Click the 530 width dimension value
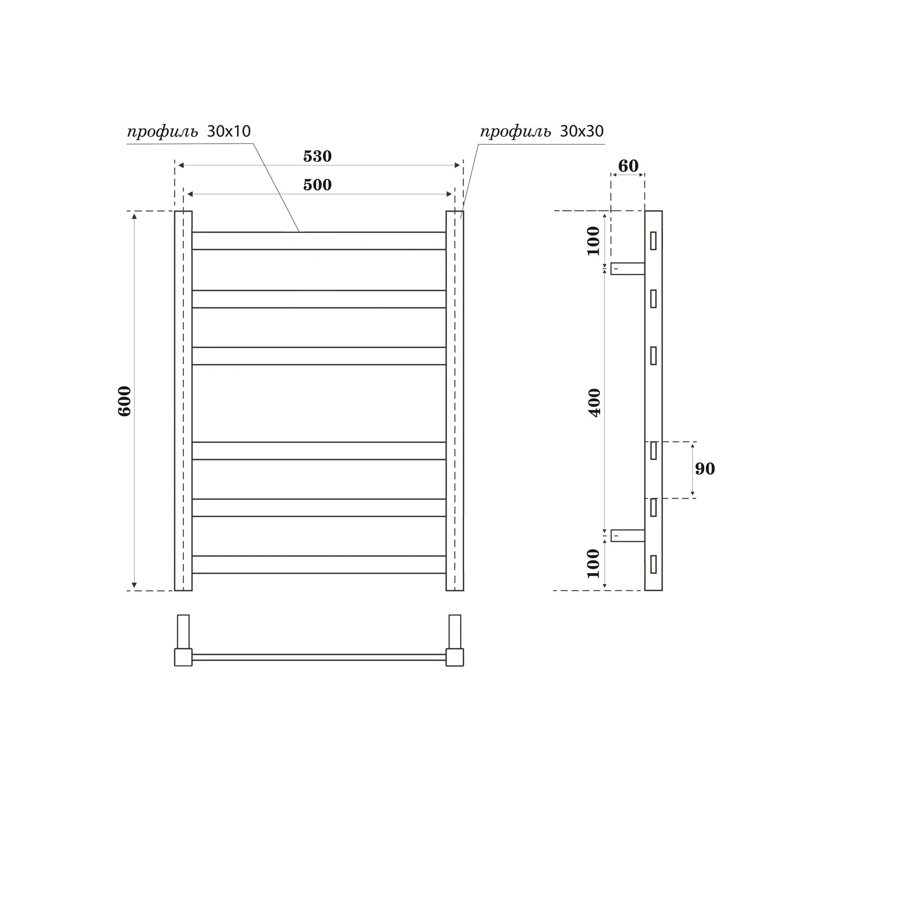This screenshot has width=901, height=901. click(x=317, y=156)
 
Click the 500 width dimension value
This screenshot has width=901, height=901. click(x=317, y=185)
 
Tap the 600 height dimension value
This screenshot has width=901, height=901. click(x=124, y=401)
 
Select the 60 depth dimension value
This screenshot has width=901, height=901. click(x=628, y=165)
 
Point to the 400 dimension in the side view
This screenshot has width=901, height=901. click(x=595, y=402)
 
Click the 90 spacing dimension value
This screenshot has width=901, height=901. click(x=705, y=469)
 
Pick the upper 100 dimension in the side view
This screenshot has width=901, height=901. click(x=593, y=241)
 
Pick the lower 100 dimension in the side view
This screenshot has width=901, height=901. click(x=593, y=564)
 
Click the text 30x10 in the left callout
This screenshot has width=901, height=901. click(x=228, y=132)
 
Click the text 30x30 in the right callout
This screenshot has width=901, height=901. click(x=582, y=132)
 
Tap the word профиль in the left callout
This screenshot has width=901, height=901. click(x=162, y=132)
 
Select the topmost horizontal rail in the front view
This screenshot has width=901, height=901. click(x=319, y=241)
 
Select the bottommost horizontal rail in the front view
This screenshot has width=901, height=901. click(x=319, y=564)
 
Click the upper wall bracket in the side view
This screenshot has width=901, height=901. click(x=628, y=268)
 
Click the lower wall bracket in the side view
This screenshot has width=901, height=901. click(x=628, y=535)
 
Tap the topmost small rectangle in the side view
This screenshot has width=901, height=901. click(x=653, y=241)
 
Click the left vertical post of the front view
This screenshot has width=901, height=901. click(x=183, y=401)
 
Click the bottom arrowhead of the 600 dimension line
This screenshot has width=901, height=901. click(x=134, y=585)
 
